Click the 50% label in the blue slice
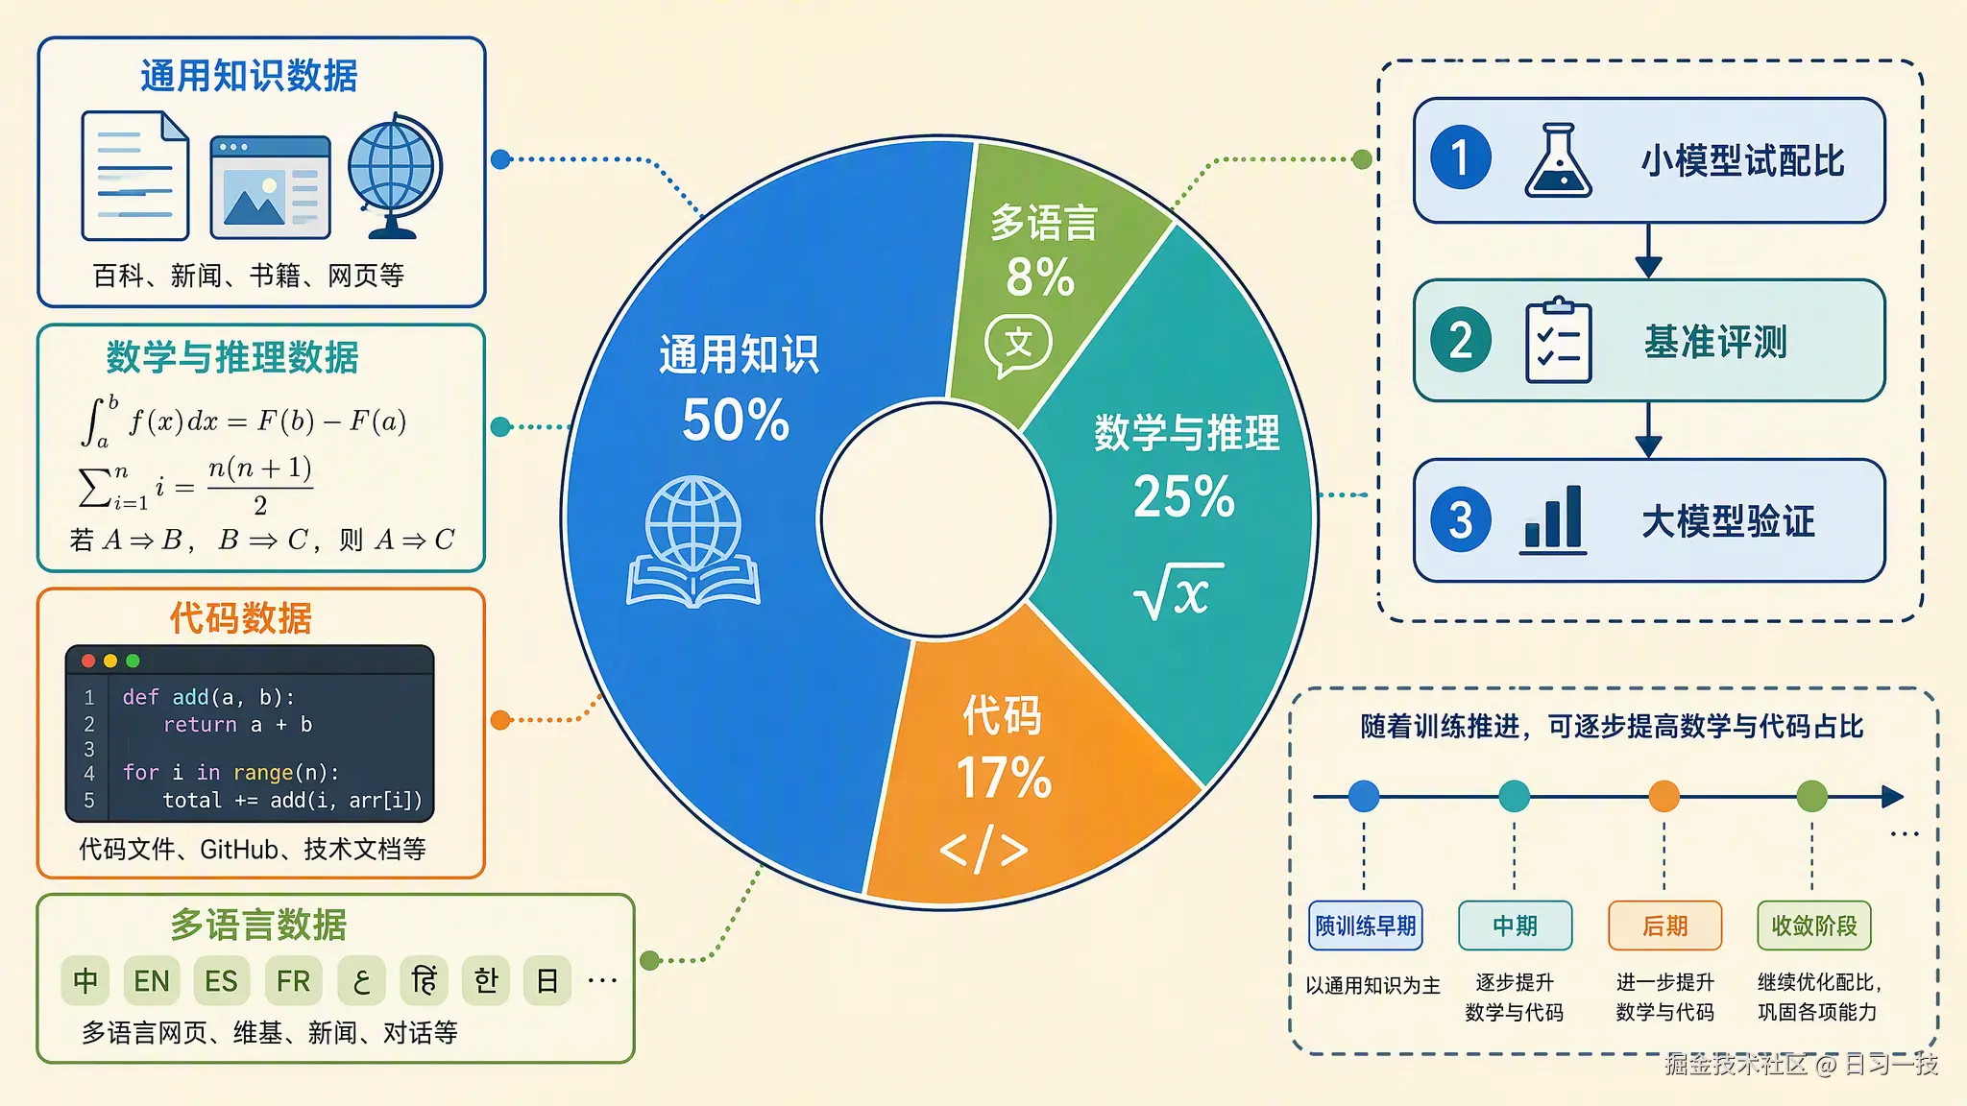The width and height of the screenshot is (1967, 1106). [x=736, y=421]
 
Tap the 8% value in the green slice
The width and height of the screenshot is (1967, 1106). [x=1040, y=277]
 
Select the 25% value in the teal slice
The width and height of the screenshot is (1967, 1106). [x=1184, y=496]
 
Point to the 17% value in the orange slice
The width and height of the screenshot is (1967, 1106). [x=1004, y=777]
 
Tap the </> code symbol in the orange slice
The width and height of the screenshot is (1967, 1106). [x=983, y=849]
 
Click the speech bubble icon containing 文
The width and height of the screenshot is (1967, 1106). [x=1018, y=346]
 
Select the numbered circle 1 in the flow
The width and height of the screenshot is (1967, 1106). [x=1461, y=157]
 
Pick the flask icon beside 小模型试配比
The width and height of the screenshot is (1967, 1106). [x=1558, y=160]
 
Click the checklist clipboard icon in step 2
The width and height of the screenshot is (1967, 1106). [x=1558, y=340]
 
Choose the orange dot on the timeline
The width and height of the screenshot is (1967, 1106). [x=1663, y=796]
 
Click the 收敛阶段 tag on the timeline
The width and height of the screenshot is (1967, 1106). [x=1814, y=926]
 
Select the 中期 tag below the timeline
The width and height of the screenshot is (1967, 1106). [x=1515, y=926]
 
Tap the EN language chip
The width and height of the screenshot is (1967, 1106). [x=152, y=980]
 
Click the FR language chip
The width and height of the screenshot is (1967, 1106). [x=293, y=980]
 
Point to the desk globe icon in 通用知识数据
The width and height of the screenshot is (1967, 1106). [x=395, y=176]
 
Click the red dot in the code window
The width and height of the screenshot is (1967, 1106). [x=88, y=661]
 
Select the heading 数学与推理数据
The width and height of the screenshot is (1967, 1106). [x=232, y=357]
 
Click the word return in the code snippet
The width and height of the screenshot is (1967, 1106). [x=200, y=725]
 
